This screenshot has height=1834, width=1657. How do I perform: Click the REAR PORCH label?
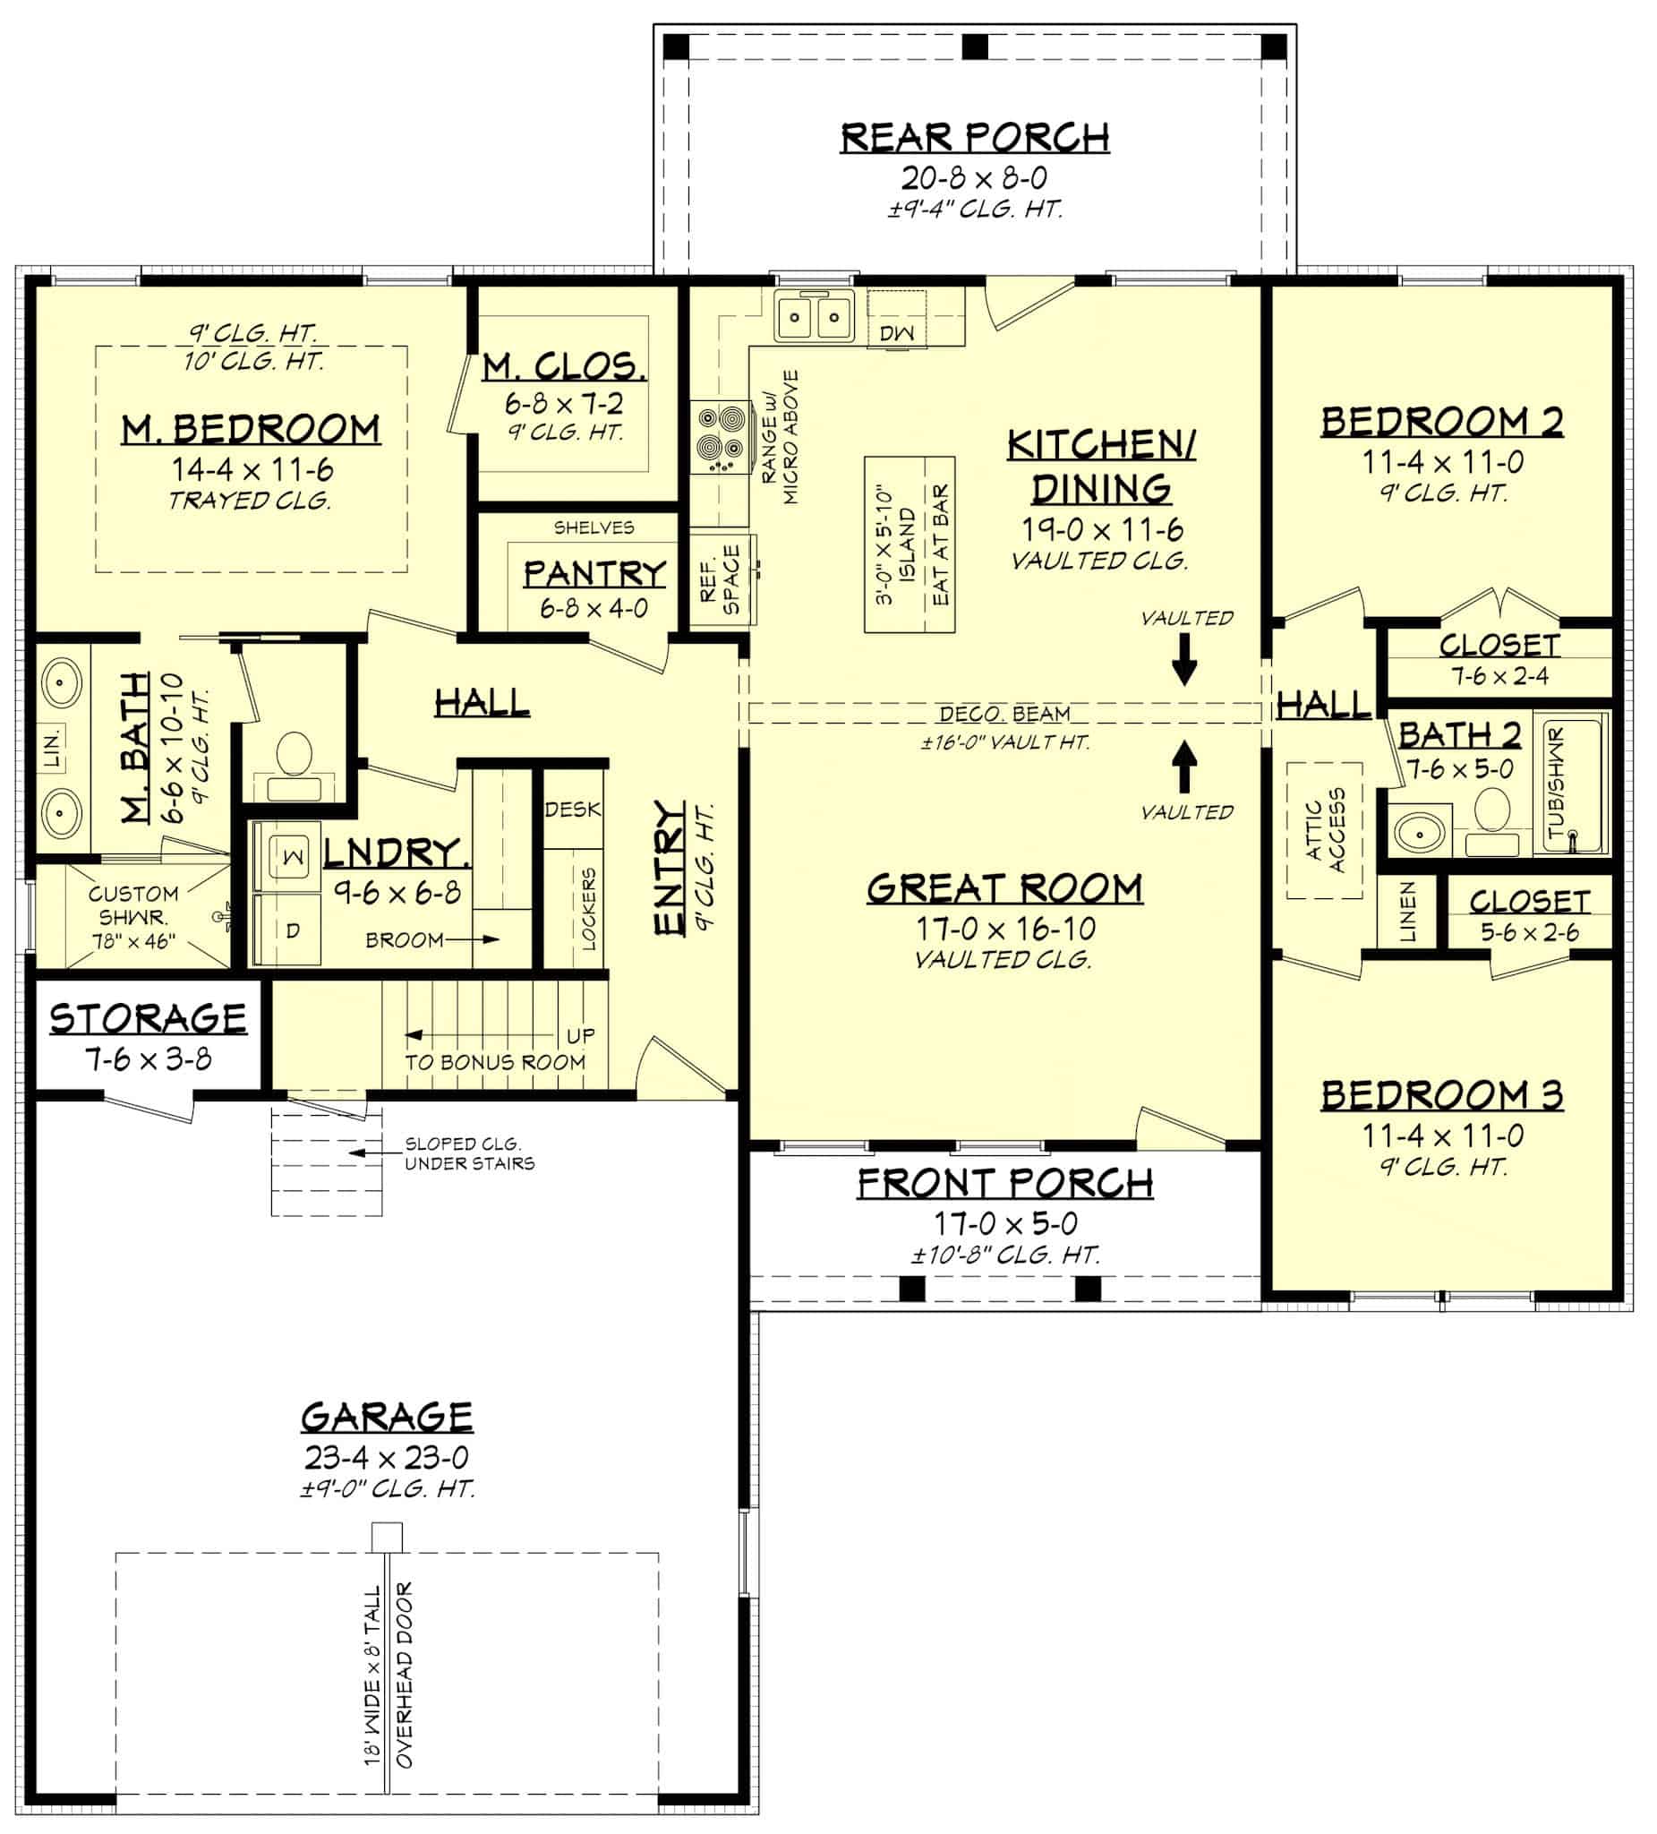[x=974, y=137]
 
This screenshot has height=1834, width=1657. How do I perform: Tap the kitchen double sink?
[x=814, y=316]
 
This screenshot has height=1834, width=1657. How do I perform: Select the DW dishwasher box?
[x=897, y=333]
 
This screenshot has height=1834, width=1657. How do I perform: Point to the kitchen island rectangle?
[x=909, y=544]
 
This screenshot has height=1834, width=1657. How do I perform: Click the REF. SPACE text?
[x=722, y=580]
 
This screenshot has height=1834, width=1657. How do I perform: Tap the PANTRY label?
[x=594, y=574]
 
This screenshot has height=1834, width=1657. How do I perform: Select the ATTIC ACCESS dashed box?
[x=1323, y=829]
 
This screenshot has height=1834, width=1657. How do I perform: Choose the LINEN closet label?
[x=1407, y=911]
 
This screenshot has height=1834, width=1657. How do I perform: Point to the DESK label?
[x=572, y=809]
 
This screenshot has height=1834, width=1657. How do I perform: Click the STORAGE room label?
[x=149, y=1018]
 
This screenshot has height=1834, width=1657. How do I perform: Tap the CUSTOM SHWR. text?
[x=132, y=905]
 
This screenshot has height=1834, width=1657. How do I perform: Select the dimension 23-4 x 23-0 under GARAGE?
[x=387, y=1457]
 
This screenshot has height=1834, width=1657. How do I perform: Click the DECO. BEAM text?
[x=1004, y=714]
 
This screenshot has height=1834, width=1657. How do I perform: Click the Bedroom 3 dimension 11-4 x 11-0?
[x=1442, y=1136]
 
